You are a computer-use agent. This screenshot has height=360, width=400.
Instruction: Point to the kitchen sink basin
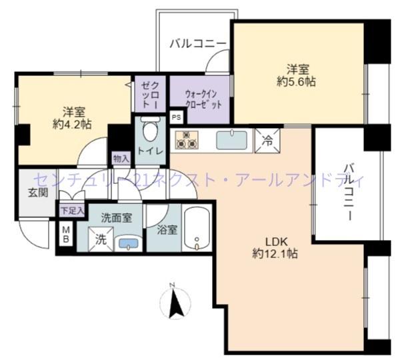[x=231, y=141]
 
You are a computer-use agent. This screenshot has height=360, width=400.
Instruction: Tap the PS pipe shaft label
[x=176, y=117]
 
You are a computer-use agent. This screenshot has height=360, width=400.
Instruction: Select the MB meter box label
[x=65, y=235]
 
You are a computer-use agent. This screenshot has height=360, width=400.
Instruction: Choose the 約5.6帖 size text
[x=296, y=81]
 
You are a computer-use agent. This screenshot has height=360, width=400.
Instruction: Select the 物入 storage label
[x=121, y=159]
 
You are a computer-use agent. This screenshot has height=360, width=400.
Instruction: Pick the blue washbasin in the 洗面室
[x=129, y=243]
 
